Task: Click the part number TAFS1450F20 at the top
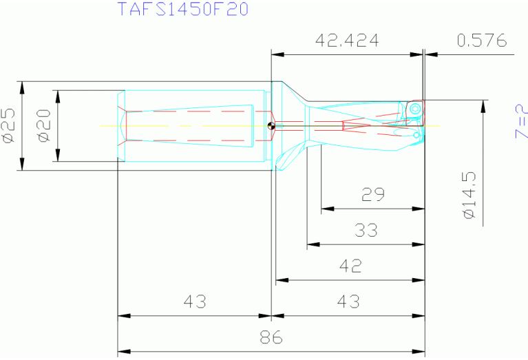point(182,10)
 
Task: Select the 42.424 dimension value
point(347,41)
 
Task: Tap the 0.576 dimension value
point(481,41)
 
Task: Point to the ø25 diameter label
point(9,126)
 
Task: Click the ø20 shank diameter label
point(45,126)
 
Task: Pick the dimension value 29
point(373,195)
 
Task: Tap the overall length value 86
point(271,338)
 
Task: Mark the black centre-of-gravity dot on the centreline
point(271,126)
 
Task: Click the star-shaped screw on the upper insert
point(415,109)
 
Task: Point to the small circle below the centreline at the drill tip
point(417,136)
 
